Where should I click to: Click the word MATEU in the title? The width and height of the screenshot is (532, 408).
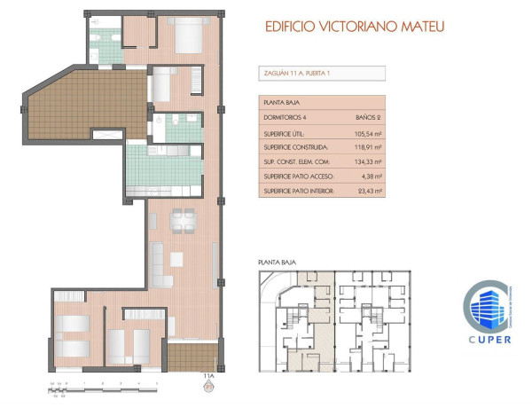tap(421, 26)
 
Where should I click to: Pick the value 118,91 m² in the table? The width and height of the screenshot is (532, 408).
tap(367, 147)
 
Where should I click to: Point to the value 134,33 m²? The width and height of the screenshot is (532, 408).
tap(367, 162)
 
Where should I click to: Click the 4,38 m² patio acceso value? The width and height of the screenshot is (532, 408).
tap(370, 177)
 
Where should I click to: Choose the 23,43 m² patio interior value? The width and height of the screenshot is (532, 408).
tap(367, 191)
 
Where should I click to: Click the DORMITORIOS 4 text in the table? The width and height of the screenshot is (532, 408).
tap(284, 117)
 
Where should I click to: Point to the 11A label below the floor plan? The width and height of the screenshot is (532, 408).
tap(208, 377)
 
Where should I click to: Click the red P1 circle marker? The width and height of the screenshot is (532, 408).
tap(208, 387)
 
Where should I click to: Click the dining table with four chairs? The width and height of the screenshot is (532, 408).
tap(183, 219)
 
